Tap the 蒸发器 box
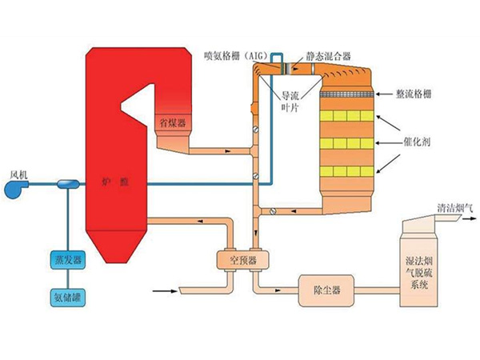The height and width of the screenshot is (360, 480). [68, 260]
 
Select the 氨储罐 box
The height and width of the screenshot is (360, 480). [68, 298]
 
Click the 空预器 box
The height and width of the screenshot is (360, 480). [243, 261]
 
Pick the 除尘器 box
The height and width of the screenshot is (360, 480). [326, 290]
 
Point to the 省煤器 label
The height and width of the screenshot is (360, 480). [173, 123]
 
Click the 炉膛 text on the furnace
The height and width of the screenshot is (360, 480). [115, 182]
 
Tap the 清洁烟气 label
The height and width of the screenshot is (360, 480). [454, 209]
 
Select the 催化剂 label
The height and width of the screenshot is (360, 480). [417, 142]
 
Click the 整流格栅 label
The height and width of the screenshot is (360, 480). [414, 94]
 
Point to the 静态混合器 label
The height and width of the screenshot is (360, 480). [329, 56]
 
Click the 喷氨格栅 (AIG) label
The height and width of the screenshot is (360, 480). [236, 56]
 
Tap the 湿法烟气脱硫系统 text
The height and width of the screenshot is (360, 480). [418, 273]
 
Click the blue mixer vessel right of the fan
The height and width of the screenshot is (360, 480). [69, 184]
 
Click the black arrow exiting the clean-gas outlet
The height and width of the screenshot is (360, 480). [470, 219]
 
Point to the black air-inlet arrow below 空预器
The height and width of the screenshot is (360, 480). [165, 291]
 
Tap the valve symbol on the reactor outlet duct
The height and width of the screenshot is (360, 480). [273, 211]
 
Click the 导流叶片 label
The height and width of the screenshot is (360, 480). [290, 102]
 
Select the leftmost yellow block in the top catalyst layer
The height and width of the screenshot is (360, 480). [326, 116]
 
